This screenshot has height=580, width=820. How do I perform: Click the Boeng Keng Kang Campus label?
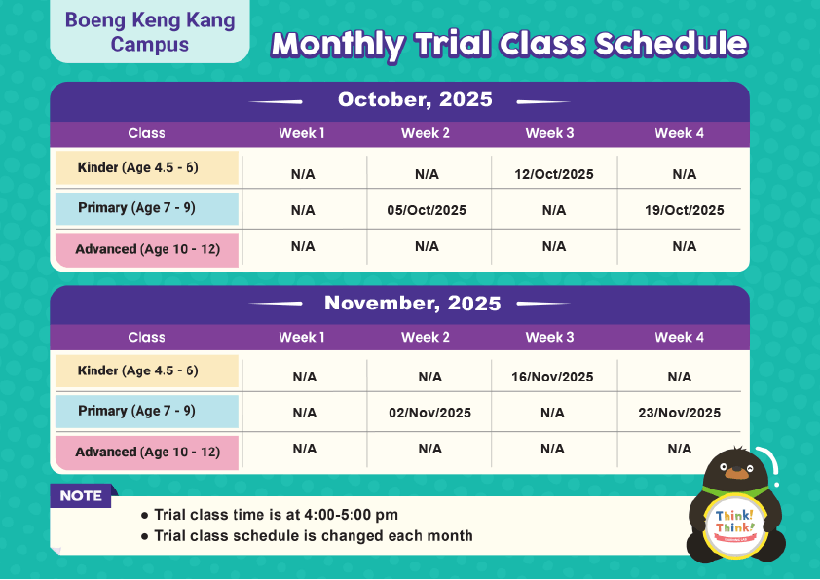150,32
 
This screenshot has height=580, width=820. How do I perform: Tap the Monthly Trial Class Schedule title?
509,44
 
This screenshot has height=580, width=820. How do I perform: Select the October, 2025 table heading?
415,100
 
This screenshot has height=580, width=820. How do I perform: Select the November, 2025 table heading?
413,303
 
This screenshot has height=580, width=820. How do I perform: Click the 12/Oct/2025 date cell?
554,175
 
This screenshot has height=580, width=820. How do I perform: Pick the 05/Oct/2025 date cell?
427,210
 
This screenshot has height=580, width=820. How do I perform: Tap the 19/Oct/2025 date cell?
685,210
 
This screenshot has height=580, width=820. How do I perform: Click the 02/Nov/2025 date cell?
429,413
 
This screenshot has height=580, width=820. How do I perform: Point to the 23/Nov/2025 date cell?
681,413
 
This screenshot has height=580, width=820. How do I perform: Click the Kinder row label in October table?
147,168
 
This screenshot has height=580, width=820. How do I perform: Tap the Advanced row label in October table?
147,249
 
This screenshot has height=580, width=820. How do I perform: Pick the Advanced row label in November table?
147,452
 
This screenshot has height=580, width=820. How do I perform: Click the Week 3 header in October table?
550,133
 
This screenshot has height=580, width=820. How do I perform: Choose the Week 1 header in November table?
302,337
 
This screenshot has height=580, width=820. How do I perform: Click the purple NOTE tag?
82,496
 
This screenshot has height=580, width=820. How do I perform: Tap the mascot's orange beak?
737,474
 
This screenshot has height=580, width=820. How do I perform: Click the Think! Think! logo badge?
736,522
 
